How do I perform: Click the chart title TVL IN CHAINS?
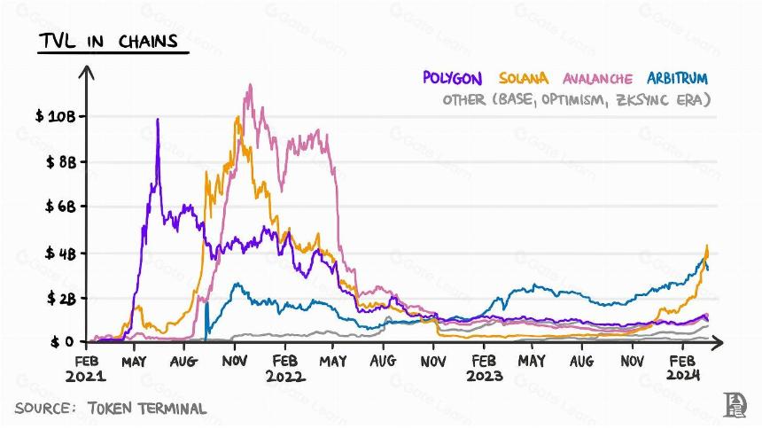pos(109,41)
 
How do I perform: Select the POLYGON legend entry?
pos(453,78)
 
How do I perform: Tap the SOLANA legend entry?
pos(524,78)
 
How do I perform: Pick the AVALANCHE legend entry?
pos(598,79)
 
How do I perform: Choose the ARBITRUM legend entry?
pos(677,78)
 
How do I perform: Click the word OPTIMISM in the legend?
pos(574,99)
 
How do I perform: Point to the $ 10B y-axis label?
pos(56,116)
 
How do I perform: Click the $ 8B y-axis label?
pos(61,161)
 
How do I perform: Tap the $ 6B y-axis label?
pos(61,207)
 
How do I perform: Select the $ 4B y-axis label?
pos(61,253)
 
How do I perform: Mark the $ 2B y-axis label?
pos(62,298)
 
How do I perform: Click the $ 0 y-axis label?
pos(62,341)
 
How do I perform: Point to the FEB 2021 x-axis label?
pos(86,368)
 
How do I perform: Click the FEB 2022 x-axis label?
pos(285,368)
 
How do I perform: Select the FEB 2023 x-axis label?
pos(484,368)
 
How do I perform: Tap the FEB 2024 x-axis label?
pos(683,368)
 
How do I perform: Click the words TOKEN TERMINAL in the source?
pos(147,408)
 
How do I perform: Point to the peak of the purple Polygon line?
pos(158,119)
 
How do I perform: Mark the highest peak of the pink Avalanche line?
pos(250,84)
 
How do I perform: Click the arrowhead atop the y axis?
pos(87,72)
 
